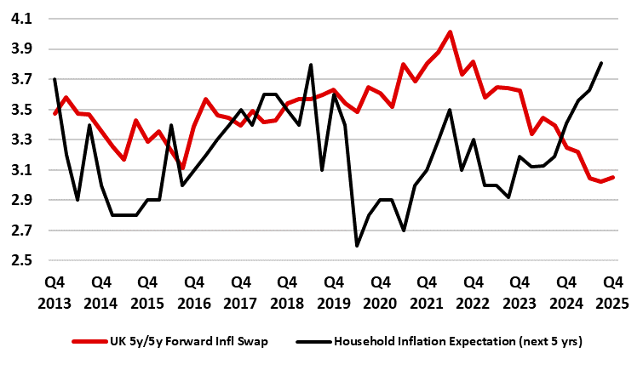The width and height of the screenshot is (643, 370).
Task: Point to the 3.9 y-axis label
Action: (x=20, y=49)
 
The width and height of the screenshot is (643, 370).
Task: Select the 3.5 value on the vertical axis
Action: (x=20, y=110)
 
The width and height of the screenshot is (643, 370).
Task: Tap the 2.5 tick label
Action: (x=20, y=260)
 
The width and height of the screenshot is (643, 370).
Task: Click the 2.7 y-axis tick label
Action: (x=20, y=231)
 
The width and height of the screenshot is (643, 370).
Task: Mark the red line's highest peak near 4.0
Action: (x=451, y=32)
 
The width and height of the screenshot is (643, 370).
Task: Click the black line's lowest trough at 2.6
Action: (x=357, y=246)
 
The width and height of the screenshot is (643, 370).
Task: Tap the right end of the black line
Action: (x=601, y=63)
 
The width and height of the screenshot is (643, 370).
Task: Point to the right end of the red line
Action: (x=613, y=177)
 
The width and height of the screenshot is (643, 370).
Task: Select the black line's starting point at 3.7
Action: (x=55, y=79)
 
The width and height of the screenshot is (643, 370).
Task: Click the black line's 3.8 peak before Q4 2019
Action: (x=311, y=65)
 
